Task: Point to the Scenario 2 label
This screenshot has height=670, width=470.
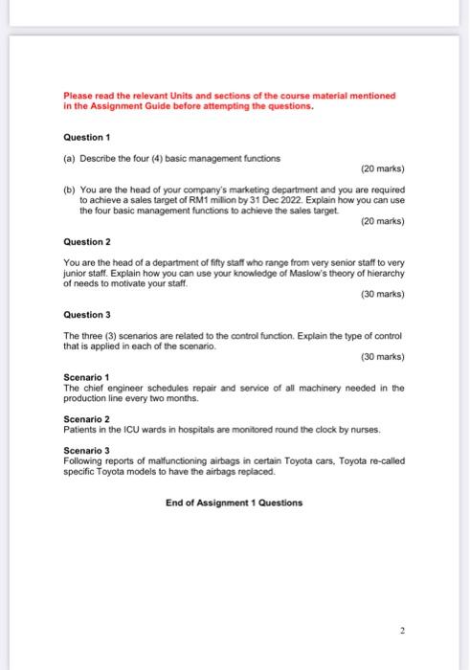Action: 86,418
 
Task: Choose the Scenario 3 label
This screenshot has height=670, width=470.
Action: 86,450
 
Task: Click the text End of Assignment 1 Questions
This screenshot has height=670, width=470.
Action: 234,502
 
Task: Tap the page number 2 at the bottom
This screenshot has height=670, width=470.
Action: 404,631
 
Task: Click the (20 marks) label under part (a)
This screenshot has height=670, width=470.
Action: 382,169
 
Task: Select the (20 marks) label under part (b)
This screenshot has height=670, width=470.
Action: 382,221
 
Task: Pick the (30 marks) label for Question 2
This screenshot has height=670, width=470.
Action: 382,294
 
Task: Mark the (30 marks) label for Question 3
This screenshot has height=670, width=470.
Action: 382,356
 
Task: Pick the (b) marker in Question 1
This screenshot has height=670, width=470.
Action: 69,190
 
